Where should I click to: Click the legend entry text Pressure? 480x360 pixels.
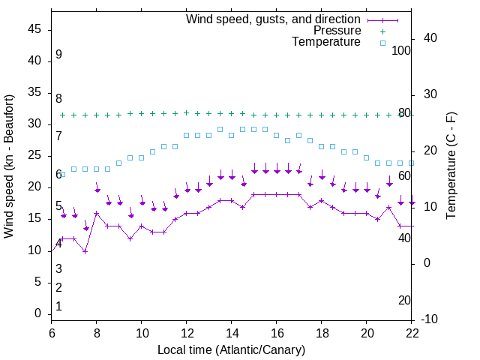(337, 31)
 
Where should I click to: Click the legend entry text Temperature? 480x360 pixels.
(326, 42)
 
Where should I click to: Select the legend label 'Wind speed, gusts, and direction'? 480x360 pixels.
(274, 19)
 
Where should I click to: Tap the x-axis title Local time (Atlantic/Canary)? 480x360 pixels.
(231, 349)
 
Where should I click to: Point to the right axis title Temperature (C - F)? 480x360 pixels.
(451, 166)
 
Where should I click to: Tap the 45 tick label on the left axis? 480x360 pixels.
(34, 29)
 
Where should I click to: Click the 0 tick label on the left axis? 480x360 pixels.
(38, 313)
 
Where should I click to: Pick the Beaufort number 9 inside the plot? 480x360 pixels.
(58, 55)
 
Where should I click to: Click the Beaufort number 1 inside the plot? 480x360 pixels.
(58, 307)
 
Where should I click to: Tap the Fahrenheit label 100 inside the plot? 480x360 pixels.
(401, 50)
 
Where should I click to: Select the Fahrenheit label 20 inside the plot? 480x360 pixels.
(404, 300)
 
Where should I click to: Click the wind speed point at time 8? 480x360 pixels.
(97, 213)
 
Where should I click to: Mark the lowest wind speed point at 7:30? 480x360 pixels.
(85, 251)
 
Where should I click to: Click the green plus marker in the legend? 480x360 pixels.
(382, 31)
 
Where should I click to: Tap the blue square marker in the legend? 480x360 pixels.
(382, 43)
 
